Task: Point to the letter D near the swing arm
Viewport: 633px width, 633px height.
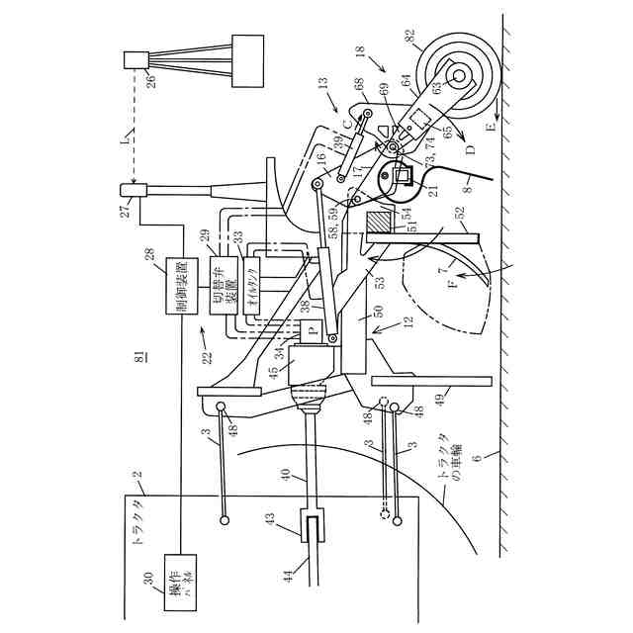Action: pos(472,150)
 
